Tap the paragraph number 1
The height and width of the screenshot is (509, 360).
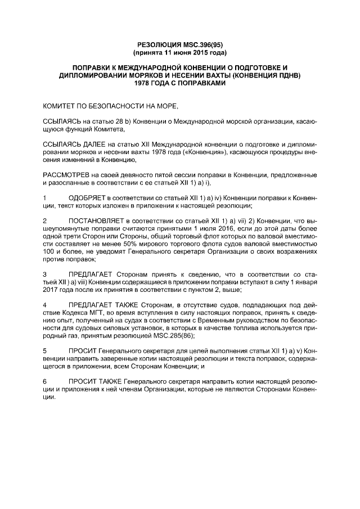[45, 198]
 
